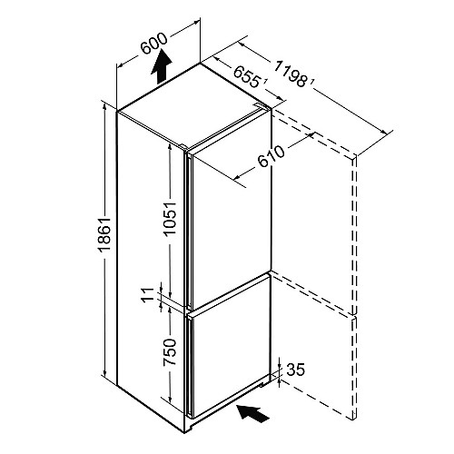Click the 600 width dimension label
[154, 44]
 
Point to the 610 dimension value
[271, 157]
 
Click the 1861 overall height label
[105, 234]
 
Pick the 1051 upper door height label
[170, 218]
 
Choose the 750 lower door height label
[170, 352]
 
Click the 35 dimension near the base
[296, 370]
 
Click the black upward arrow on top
[161, 66]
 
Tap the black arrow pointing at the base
[253, 413]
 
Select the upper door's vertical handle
[189, 231]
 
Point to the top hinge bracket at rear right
[261, 104]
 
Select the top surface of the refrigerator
[193, 105]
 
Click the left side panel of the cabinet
[151, 265]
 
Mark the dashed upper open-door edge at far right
[355, 235]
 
